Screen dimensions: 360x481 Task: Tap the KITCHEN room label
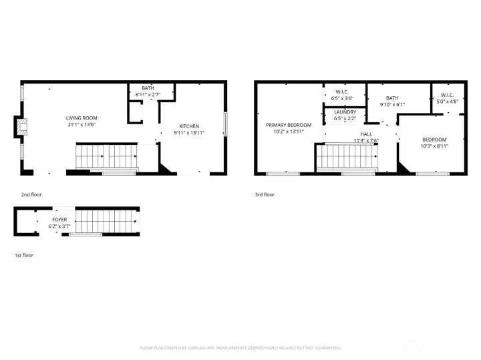[x=188, y=126]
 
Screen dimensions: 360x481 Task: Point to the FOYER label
[x=60, y=219]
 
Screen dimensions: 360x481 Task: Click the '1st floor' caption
[x=24, y=255]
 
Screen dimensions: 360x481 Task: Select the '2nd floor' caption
[x=30, y=194]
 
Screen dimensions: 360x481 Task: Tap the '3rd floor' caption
[x=265, y=194]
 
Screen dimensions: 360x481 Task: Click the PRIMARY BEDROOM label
[x=289, y=125]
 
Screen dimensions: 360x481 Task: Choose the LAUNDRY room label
[x=345, y=112]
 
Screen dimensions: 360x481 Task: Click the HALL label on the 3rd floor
[x=365, y=134]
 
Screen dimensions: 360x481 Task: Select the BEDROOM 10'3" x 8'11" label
[x=434, y=140]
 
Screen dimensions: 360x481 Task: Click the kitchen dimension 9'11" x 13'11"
[x=188, y=133]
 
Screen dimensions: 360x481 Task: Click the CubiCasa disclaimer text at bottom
[x=240, y=348]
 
